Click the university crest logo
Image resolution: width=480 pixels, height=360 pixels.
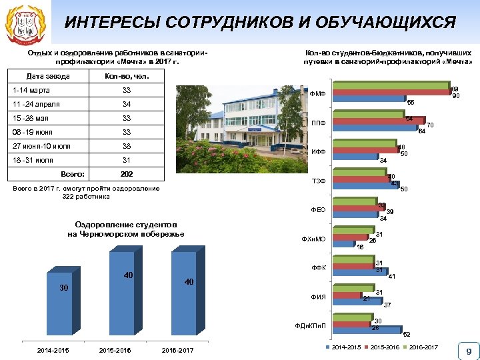pyautogui.click(x=25, y=25)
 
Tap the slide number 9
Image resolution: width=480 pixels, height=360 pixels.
pyautogui.click(x=469, y=351)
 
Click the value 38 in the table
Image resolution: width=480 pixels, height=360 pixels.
pyautogui.click(x=127, y=146)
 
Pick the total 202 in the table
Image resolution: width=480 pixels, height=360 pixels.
pyautogui.click(x=127, y=174)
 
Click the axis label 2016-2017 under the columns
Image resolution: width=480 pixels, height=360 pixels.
pyautogui.click(x=177, y=350)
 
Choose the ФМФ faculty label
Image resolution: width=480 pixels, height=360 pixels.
pyautogui.click(x=317, y=94)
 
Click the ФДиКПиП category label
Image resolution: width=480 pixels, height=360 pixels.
pyautogui.click(x=310, y=325)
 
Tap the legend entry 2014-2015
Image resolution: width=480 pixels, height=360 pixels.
pyautogui.click(x=346, y=347)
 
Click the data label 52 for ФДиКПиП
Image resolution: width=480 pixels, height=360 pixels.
pyautogui.click(x=407, y=334)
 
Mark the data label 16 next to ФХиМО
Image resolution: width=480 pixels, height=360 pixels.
pyautogui.click(x=360, y=247)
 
